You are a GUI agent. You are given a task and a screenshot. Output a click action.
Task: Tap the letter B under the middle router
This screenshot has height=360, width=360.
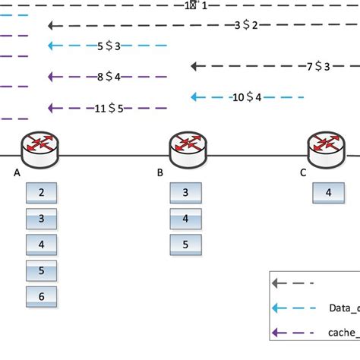click(x=160, y=173)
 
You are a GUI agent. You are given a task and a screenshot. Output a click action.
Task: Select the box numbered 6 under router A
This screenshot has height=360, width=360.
click(x=42, y=296)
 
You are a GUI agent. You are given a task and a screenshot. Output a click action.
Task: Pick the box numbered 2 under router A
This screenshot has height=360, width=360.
click(x=42, y=193)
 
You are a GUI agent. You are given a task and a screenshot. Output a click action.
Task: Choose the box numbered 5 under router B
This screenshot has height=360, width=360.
click(x=186, y=245)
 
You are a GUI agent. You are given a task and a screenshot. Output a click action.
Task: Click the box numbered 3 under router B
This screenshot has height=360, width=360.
click(x=186, y=193)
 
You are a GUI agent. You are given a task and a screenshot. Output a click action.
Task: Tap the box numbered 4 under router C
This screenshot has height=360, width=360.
click(x=328, y=193)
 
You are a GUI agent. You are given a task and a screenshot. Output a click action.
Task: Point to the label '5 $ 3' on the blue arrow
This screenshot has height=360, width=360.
click(x=109, y=46)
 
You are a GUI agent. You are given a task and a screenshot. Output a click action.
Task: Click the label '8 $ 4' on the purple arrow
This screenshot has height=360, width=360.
click(x=109, y=76)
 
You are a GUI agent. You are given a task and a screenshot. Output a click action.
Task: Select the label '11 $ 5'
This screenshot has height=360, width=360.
click(x=109, y=107)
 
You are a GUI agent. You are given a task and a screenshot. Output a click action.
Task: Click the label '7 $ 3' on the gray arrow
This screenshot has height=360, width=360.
click(x=318, y=66)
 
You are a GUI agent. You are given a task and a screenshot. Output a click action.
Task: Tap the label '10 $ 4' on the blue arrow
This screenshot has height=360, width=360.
click(x=247, y=97)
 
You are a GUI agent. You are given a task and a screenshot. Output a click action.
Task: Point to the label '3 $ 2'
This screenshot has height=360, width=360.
click(x=246, y=25)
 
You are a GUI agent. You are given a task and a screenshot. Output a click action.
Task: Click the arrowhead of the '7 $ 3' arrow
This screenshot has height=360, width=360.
click(x=195, y=66)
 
